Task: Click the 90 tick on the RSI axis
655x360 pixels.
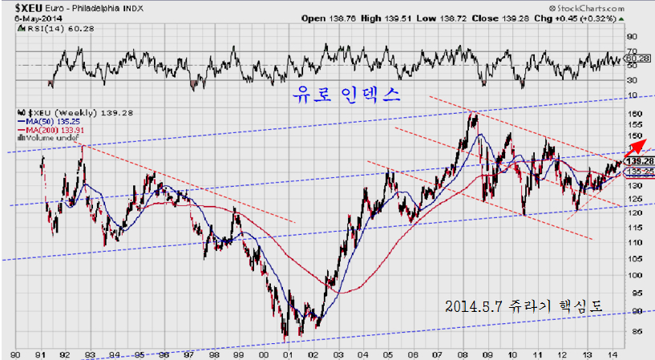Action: click(632, 36)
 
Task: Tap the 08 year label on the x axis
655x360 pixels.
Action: click(463, 353)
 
